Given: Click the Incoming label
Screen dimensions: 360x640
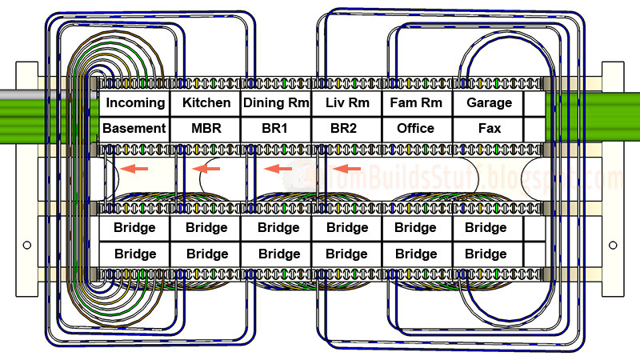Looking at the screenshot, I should click(134, 103).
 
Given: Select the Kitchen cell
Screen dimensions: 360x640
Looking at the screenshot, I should click(206, 103).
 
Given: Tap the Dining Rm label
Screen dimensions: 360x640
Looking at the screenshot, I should click(275, 103).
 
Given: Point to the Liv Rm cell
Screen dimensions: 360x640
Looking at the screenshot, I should click(346, 103).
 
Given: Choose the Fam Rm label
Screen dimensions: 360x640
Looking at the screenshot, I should click(416, 103).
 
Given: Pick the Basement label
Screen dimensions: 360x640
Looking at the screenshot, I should click(134, 128).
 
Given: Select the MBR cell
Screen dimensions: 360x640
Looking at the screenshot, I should click(206, 128).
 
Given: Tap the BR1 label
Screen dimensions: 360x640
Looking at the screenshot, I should click(275, 128).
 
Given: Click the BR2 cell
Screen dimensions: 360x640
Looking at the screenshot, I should click(346, 128).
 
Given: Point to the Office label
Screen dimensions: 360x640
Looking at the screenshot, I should click(416, 128).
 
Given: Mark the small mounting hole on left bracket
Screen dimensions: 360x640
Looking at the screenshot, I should click(26, 245).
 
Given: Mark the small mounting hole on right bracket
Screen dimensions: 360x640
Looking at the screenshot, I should click(613, 245).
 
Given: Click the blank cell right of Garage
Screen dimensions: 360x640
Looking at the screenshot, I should click(534, 103).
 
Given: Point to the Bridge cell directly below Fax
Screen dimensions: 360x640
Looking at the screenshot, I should click(486, 228).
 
